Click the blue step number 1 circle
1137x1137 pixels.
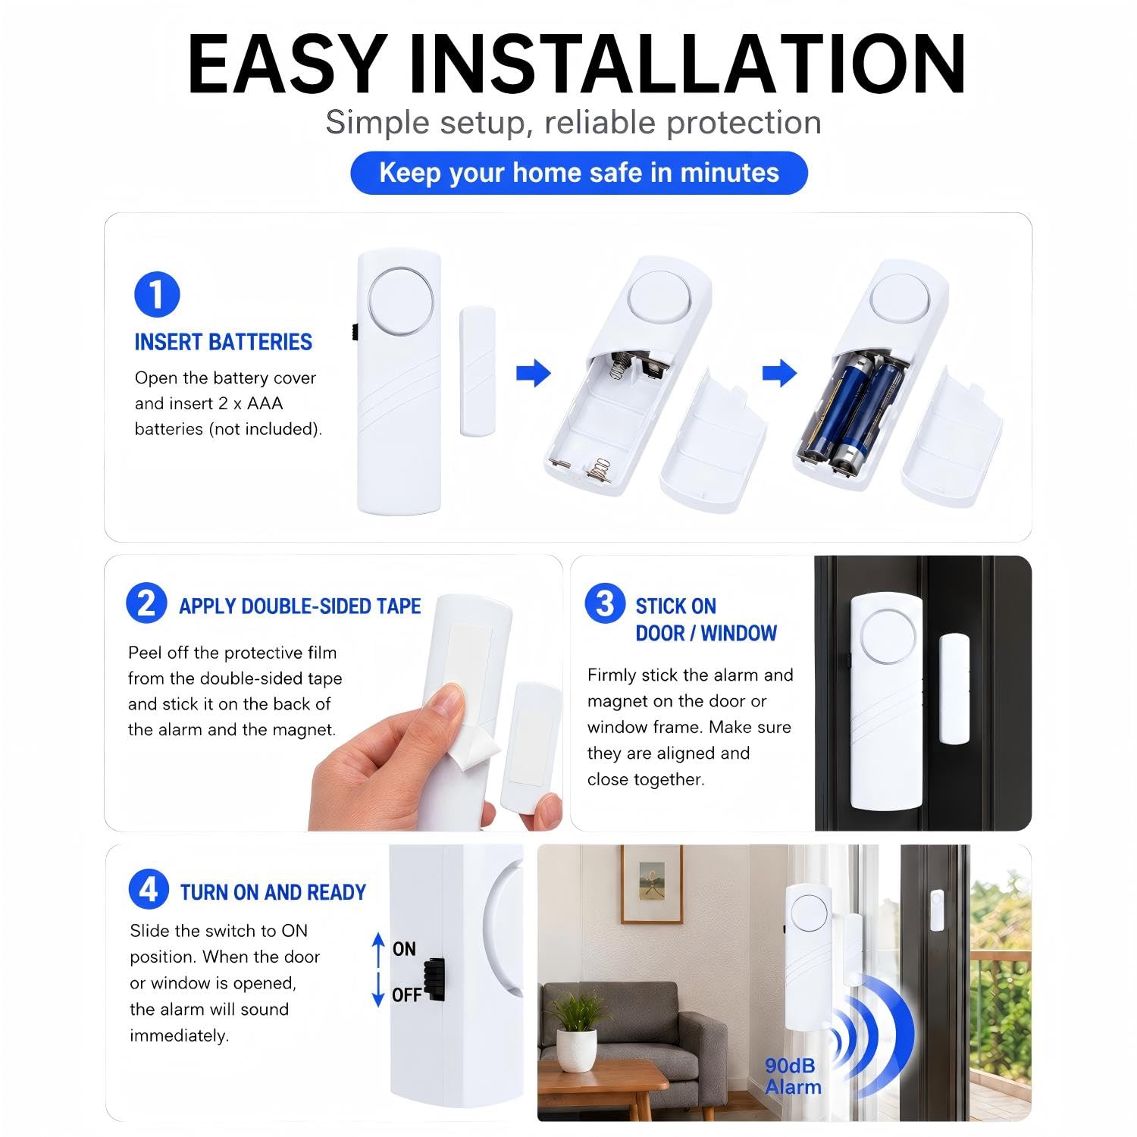[157, 295]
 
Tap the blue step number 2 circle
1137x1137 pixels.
[146, 603]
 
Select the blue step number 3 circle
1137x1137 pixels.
[605, 603]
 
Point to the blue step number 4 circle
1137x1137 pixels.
[149, 889]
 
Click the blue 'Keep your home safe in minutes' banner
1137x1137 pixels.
[579, 173]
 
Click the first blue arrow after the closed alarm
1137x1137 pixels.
[534, 373]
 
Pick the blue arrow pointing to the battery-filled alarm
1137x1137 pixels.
[779, 373]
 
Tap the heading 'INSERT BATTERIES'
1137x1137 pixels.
[224, 343]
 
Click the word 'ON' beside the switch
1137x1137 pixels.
[404, 949]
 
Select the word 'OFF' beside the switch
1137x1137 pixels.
[406, 995]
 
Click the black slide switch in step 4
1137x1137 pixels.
[434, 980]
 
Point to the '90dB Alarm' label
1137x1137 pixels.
[793, 1076]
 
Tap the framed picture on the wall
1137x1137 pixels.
[652, 884]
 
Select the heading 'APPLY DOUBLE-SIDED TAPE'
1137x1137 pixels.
[300, 606]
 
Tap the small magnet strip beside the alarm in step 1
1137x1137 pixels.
[478, 371]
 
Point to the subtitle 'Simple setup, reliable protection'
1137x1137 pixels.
[574, 122]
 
